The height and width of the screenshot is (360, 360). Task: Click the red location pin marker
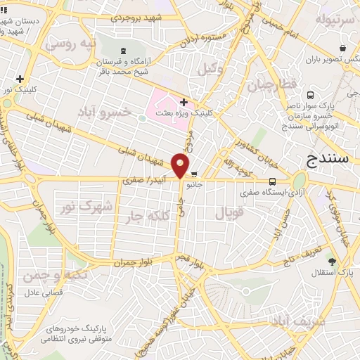click(x=181, y=165)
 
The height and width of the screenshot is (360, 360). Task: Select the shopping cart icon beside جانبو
click(x=194, y=176)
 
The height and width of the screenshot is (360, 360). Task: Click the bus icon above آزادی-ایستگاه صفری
click(x=271, y=181)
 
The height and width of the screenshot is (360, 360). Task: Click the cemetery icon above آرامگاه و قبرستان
click(x=124, y=51)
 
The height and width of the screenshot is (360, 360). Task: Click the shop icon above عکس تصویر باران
click(x=342, y=48)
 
